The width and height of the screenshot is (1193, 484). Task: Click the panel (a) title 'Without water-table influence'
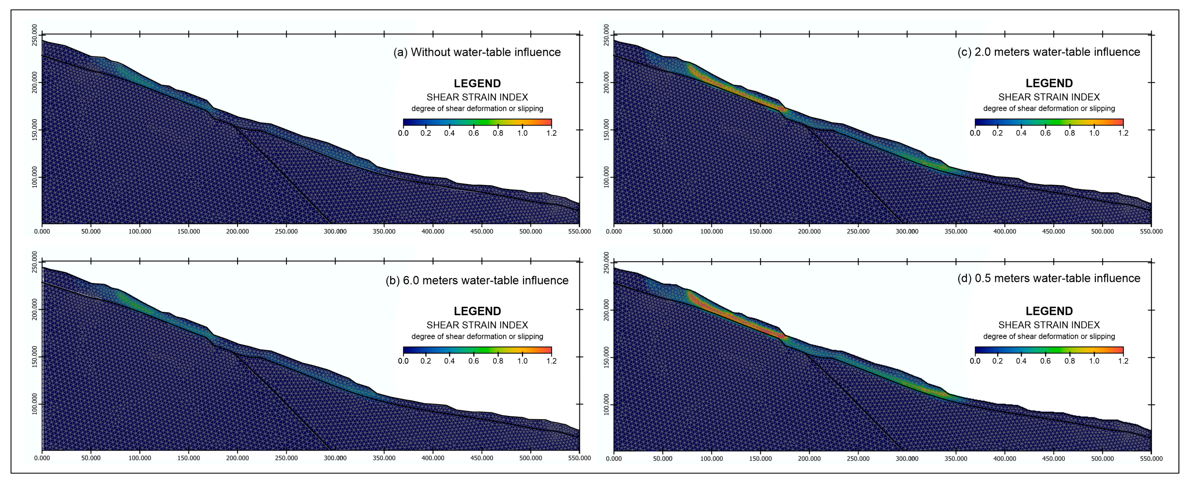(x=477, y=52)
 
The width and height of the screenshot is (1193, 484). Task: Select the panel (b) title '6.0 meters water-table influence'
(x=477, y=280)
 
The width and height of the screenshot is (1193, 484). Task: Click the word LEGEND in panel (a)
(x=477, y=83)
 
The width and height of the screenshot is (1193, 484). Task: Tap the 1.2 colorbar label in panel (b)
(x=551, y=361)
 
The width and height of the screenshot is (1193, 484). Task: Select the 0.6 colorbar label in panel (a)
(x=473, y=133)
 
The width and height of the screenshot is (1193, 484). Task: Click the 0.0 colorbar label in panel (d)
(x=975, y=361)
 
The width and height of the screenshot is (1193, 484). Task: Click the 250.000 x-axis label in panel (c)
(x=858, y=231)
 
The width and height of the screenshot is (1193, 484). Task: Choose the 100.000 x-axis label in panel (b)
(x=140, y=458)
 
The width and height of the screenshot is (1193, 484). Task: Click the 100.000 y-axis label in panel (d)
(x=607, y=405)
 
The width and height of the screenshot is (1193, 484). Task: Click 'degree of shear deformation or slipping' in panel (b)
(x=477, y=336)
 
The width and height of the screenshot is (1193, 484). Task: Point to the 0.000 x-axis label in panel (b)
(x=42, y=458)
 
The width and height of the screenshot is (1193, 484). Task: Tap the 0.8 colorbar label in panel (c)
(x=1069, y=133)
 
